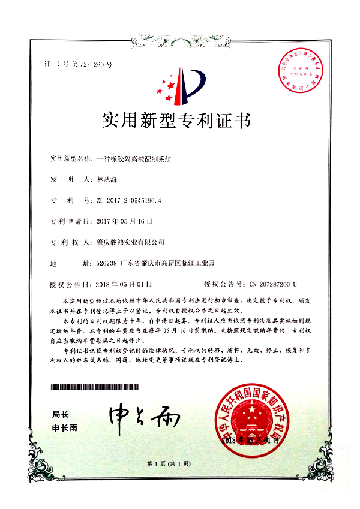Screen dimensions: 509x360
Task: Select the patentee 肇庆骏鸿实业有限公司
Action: click(130, 242)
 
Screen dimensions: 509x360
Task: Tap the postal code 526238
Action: click(107, 263)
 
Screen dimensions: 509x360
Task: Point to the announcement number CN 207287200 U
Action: click(268, 284)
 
